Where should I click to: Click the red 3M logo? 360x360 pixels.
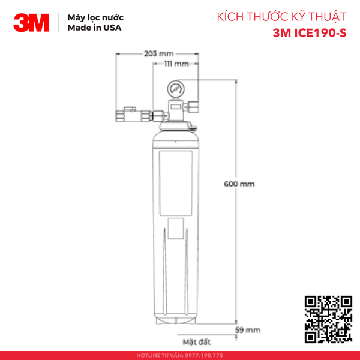(33, 23)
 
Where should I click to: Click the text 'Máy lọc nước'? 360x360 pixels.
(91, 18)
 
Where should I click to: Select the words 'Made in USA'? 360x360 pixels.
(89, 29)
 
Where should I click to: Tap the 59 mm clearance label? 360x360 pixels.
(248, 330)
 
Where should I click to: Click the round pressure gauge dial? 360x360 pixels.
(176, 89)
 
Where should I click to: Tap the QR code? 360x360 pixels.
(328, 319)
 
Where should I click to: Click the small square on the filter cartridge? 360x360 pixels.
(176, 229)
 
